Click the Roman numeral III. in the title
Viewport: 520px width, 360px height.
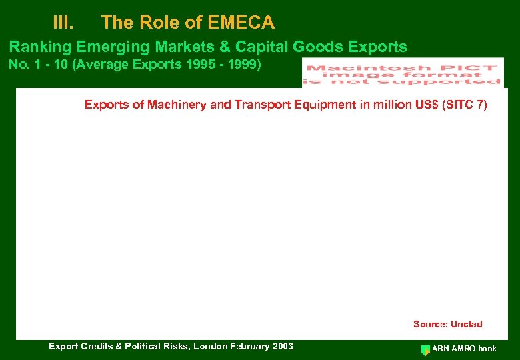[x=63, y=23]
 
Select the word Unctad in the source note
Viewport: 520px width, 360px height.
[x=467, y=324]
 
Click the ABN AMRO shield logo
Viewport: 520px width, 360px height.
[x=425, y=349]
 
